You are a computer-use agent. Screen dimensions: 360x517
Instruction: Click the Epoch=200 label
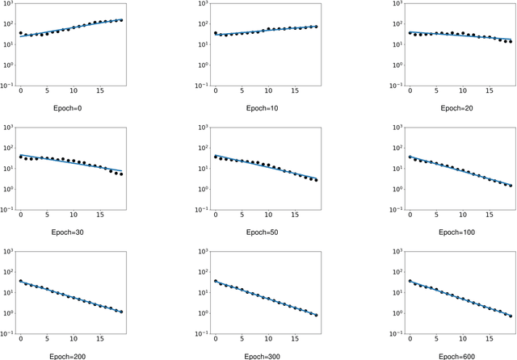71,354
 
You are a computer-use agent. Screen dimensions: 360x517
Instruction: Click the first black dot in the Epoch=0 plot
21,33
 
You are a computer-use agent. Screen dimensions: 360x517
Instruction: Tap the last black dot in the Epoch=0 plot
121,20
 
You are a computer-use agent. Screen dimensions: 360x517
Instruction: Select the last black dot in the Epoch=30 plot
121,174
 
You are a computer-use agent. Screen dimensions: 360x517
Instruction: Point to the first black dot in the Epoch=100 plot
410,157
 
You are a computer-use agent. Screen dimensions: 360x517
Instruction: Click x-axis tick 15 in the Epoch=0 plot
100,91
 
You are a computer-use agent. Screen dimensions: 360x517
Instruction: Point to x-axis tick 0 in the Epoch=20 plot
410,91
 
